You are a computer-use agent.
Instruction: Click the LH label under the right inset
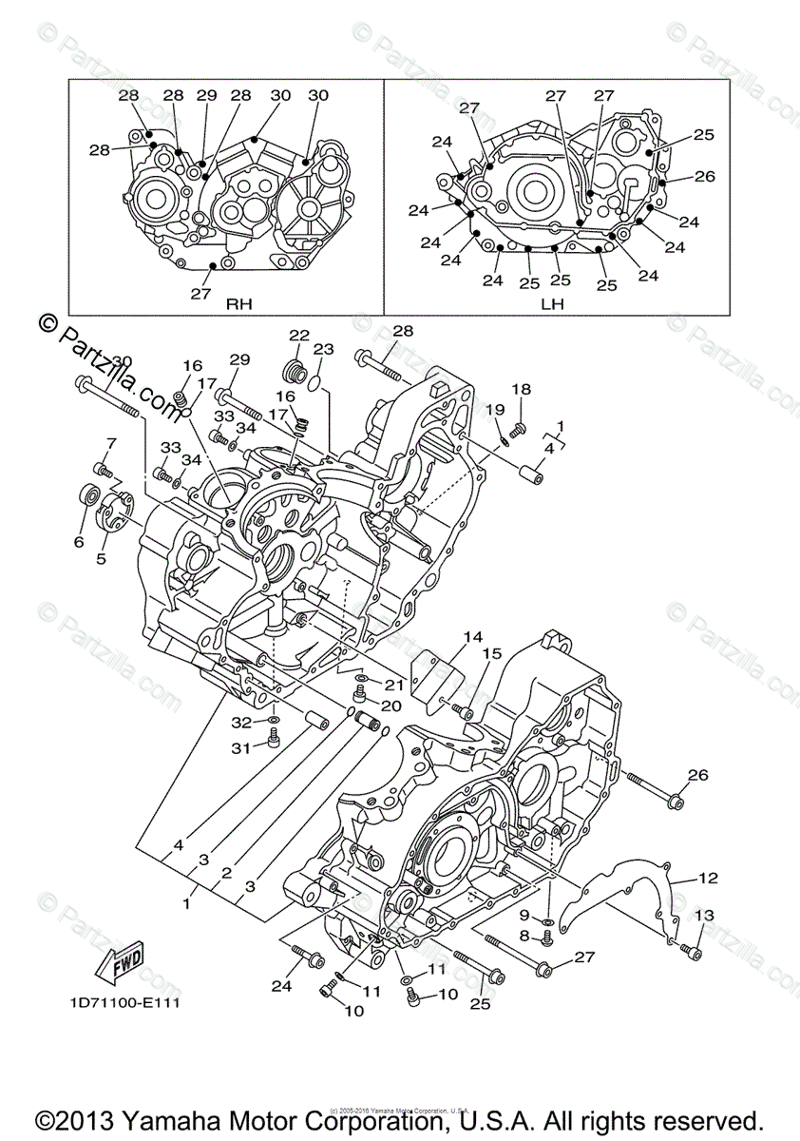coord(552,304)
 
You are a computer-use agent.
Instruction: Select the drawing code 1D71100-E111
coord(124,1003)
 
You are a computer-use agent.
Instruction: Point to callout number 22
coord(300,335)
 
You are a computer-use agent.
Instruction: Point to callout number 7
coord(111,443)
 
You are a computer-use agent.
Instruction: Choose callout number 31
coord(242,748)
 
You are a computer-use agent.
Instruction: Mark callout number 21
coord(394,685)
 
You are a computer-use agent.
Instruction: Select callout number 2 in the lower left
coord(226,872)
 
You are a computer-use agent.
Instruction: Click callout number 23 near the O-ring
coord(323,349)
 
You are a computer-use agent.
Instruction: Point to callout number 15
coord(490,653)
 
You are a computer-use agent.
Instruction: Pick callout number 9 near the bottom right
coord(524,915)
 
